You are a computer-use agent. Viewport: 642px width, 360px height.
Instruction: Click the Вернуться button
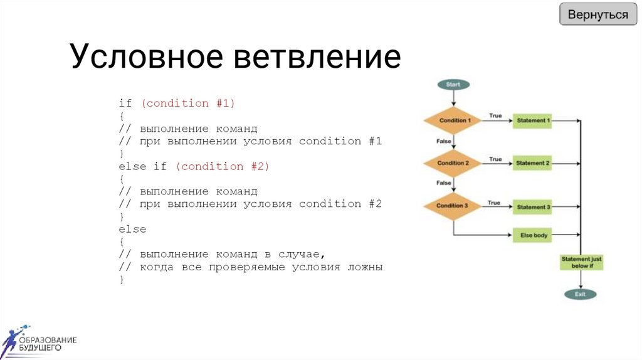tap(597, 14)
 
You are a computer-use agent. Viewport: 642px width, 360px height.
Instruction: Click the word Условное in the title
tap(146, 57)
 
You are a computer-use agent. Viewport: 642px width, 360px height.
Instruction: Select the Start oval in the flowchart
tap(453, 84)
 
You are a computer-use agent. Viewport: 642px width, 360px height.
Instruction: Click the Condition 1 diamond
tap(454, 120)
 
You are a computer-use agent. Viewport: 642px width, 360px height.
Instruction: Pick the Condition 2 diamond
tap(453, 163)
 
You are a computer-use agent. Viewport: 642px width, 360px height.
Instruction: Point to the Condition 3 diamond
tap(453, 206)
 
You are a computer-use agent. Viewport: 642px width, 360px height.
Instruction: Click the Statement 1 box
tap(532, 120)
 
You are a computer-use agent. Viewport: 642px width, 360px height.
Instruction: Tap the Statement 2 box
tap(532, 163)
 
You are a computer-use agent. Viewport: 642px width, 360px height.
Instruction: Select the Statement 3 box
tap(532, 206)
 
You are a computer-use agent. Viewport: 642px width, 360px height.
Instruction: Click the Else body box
tap(534, 235)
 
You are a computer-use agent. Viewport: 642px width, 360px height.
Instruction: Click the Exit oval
tap(581, 294)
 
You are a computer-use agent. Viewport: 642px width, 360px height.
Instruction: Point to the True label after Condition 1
tap(495, 116)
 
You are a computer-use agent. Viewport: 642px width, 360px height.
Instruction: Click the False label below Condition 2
tap(444, 183)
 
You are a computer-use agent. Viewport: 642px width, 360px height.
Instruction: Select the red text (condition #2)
tap(222, 166)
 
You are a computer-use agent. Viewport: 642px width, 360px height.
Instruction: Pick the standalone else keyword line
tap(132, 230)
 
